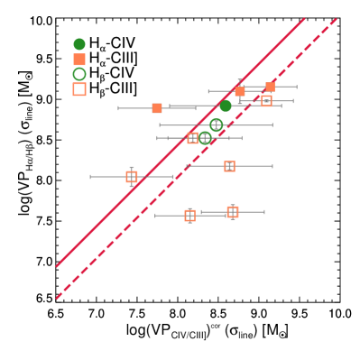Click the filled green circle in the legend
pos(79,44)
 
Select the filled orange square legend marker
pos(79,60)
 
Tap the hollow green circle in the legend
pos(79,74)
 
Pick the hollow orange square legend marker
pos(79,89)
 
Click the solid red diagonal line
pos(180,142)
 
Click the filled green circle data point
pos(226,106)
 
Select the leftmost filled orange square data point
pos(157,108)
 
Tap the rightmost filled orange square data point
pos(270,87)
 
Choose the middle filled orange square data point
pos(240,91)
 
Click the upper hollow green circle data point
pos(216,125)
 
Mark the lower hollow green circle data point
pos(205,138)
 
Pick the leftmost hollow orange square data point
pos(132,177)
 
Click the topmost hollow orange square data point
pos(266,101)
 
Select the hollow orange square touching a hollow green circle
pos(192,138)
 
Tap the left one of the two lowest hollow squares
pos(189,216)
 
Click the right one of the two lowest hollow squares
pos(233,212)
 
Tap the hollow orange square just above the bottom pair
pos(229,166)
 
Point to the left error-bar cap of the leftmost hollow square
pos(90,177)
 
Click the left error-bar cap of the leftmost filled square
pos(118,108)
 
